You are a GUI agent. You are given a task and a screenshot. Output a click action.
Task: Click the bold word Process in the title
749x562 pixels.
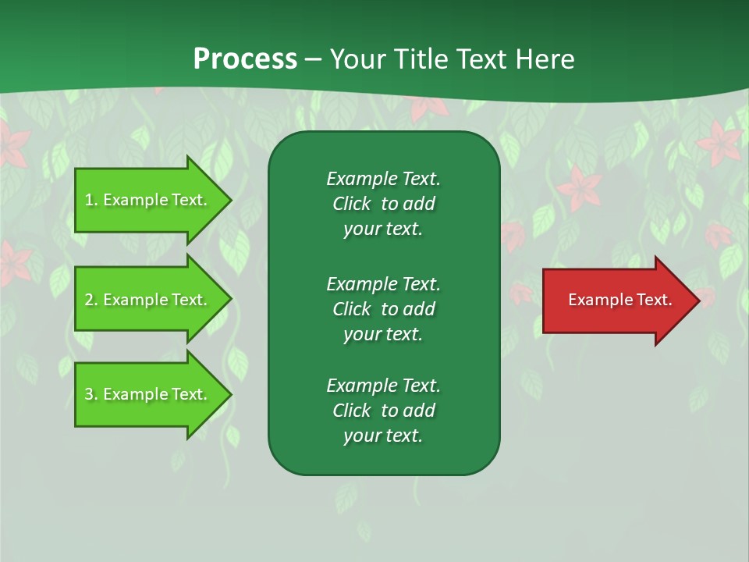245,59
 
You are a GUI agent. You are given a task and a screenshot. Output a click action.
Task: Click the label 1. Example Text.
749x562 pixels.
146,200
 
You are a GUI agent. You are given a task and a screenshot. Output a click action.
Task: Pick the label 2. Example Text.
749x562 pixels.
146,300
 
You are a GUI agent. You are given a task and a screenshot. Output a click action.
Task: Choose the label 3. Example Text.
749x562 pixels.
146,394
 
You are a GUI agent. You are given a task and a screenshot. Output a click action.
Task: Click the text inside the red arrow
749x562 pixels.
619,300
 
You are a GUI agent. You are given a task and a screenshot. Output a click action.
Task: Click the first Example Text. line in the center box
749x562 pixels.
383,179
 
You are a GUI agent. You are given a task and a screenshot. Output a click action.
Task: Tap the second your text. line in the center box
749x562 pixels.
383,334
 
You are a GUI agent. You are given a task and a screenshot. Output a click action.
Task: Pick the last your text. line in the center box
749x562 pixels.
383,436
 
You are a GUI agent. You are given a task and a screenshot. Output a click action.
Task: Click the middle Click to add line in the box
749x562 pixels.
383,309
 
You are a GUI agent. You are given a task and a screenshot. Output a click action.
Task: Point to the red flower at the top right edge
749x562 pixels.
719,143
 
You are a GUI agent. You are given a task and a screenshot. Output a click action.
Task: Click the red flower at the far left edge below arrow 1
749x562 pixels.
14,262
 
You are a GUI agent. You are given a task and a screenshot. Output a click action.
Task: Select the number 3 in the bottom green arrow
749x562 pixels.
89,394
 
